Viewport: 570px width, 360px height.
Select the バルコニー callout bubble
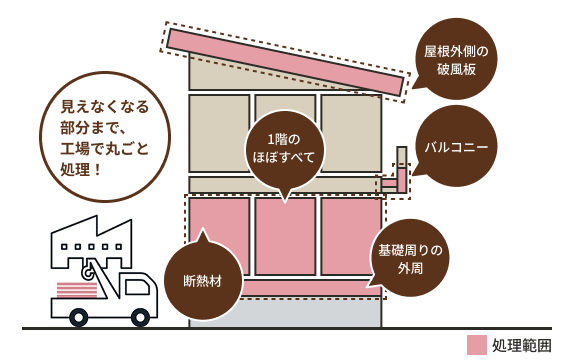click(456, 147)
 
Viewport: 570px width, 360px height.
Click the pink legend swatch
click(477, 344)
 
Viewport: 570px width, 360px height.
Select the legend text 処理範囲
click(521, 344)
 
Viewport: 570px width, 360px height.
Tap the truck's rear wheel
click(79, 317)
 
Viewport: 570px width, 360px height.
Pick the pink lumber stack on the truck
click(78, 291)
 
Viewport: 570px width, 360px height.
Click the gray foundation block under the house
click(285, 311)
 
